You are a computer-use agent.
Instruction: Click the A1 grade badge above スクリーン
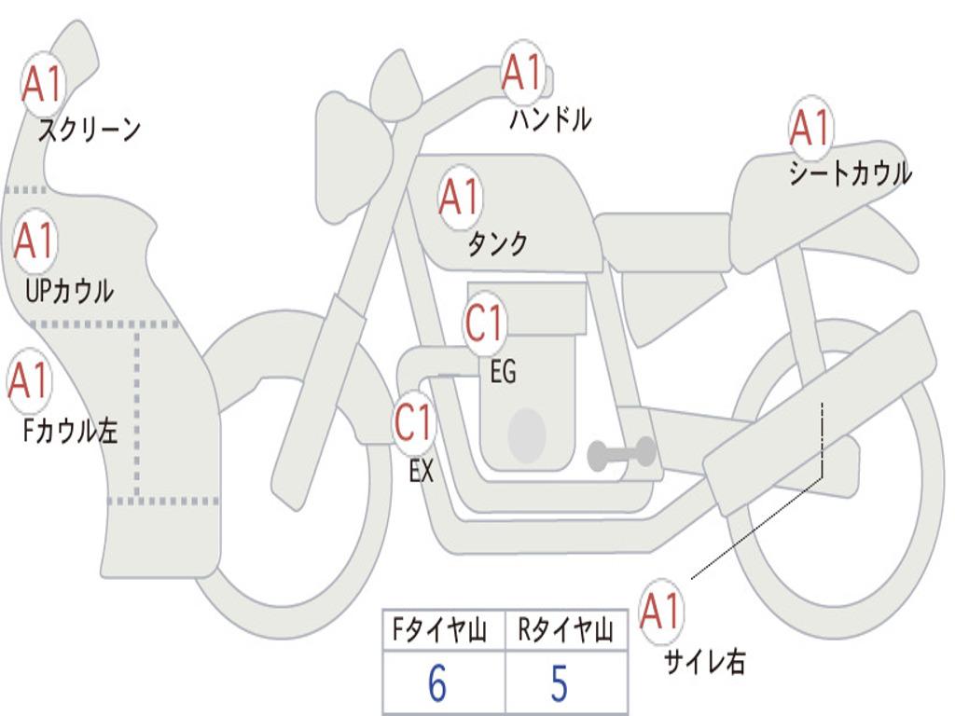(x=43, y=84)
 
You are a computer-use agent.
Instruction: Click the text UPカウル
(x=68, y=291)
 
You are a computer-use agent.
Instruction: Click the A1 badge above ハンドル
(x=522, y=72)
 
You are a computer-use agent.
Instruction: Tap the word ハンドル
(x=550, y=119)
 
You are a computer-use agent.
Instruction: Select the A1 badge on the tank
(x=459, y=198)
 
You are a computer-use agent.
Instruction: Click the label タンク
(x=497, y=244)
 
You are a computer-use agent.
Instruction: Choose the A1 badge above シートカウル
(x=810, y=128)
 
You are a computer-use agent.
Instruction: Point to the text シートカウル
(x=850, y=174)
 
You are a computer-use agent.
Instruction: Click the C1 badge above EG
(x=484, y=324)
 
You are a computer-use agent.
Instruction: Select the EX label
(x=422, y=472)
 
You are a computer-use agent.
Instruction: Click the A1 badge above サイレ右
(x=661, y=612)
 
